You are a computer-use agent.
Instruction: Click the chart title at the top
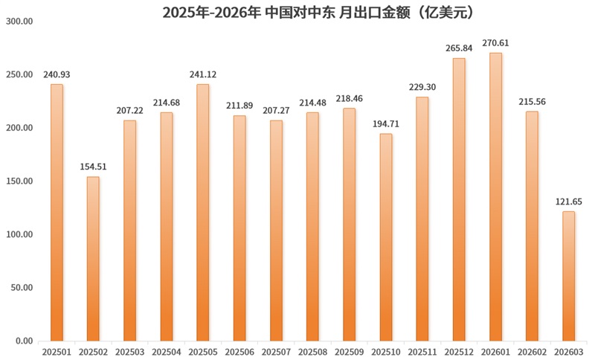(x=297, y=13)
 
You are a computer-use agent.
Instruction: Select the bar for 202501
(x=57, y=212)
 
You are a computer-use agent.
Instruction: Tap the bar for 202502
(x=93, y=258)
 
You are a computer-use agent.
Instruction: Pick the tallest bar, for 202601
(x=495, y=196)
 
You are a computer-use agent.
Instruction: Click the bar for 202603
(x=568, y=276)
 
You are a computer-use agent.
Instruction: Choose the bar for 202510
(x=386, y=237)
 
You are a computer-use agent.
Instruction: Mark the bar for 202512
(x=459, y=199)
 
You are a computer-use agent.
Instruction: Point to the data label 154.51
(x=93, y=166)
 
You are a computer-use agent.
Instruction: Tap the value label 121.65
(x=568, y=202)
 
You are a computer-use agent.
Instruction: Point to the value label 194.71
(x=386, y=123)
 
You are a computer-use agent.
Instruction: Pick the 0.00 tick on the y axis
(x=23, y=341)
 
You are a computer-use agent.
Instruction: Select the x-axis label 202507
(x=276, y=351)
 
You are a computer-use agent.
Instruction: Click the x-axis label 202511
(x=422, y=351)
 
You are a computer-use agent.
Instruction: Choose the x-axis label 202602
(x=532, y=351)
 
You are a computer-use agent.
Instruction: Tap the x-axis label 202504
(x=166, y=351)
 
